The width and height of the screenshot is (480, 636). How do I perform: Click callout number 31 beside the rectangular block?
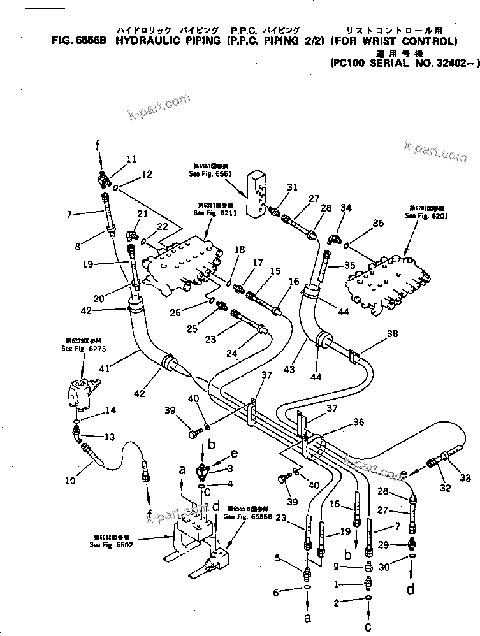292,187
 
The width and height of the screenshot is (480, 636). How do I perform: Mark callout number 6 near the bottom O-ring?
276,593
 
